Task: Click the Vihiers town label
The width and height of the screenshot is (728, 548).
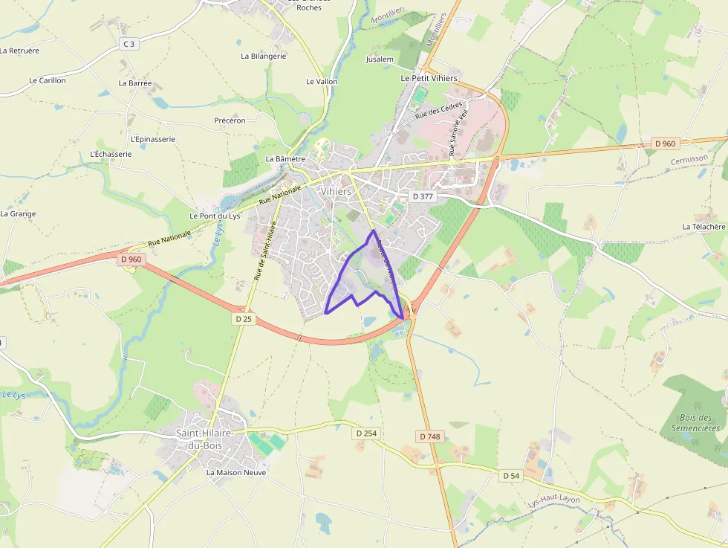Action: click(337, 191)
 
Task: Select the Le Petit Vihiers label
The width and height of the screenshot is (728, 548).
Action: click(429, 77)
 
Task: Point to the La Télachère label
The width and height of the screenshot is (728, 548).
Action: click(703, 226)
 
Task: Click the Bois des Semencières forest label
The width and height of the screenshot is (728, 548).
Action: click(695, 422)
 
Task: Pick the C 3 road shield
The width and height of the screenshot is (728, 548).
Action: click(129, 44)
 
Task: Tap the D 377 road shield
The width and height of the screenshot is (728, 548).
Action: click(422, 196)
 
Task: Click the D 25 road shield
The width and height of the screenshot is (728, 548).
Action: click(244, 319)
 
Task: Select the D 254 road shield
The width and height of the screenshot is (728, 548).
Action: click(366, 433)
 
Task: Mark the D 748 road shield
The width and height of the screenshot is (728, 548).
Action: click(429, 436)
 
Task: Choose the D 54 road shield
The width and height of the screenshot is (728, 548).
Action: click(511, 475)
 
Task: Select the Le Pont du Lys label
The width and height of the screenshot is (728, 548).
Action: click(215, 216)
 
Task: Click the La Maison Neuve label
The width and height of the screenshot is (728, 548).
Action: click(235, 472)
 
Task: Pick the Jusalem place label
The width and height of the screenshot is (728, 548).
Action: click(380, 59)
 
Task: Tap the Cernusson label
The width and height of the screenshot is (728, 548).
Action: click(689, 160)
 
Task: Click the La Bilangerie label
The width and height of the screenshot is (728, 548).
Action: click(263, 56)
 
